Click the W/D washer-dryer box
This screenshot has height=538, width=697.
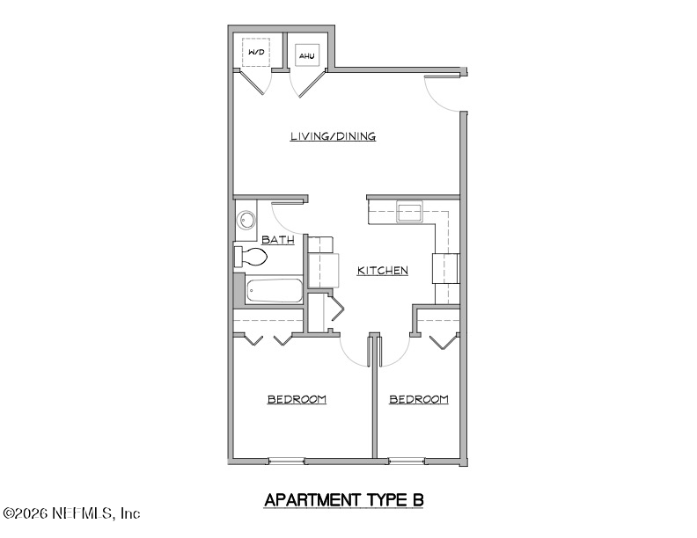click(256, 54)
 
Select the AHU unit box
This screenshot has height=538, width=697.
click(307, 56)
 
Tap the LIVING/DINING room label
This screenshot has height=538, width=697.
click(334, 136)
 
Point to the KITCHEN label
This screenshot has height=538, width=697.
click(382, 271)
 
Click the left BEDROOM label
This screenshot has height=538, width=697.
click(297, 399)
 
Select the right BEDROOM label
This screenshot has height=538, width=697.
click(419, 399)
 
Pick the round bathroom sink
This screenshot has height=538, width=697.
click(246, 220)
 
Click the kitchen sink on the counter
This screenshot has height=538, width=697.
click(409, 211)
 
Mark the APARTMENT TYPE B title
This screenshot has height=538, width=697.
click(344, 500)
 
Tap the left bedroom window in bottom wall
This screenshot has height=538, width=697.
click(286, 460)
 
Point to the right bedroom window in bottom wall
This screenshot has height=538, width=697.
click(407, 460)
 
